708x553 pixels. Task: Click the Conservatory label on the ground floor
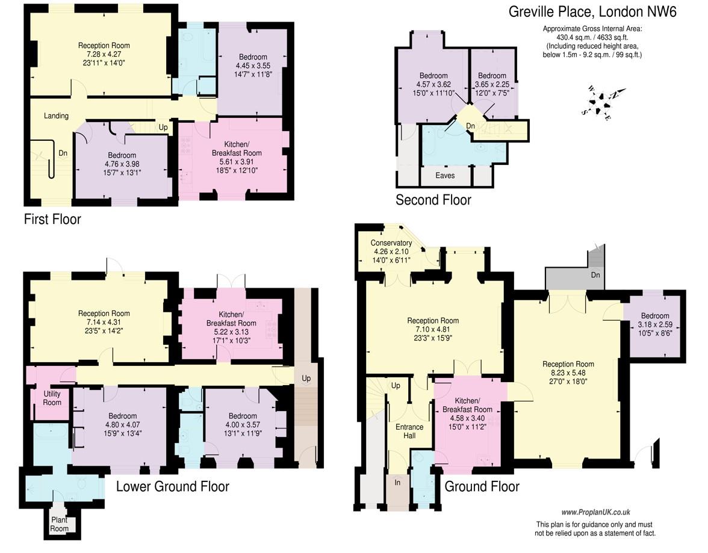[391, 243]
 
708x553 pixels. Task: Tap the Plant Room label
[59, 524]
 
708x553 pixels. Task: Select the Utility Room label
[52, 398]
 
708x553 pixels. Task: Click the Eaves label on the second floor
[445, 175]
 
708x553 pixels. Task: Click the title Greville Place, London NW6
[592, 11]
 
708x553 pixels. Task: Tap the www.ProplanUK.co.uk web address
[595, 512]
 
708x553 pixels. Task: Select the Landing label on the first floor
[56, 116]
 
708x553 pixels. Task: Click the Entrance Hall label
[409, 431]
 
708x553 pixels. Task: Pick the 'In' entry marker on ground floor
[397, 482]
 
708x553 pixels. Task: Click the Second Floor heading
[433, 200]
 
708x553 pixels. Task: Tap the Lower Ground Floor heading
[172, 486]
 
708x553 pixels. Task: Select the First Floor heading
[52, 219]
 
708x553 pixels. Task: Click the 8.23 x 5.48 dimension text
[568, 373]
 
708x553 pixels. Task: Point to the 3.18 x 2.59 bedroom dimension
[655, 324]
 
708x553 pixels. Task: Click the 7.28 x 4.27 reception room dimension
[104, 54]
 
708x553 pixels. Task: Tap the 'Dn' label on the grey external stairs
[595, 274]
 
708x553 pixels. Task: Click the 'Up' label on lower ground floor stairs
[306, 378]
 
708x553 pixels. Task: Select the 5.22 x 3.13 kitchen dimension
[231, 332]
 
